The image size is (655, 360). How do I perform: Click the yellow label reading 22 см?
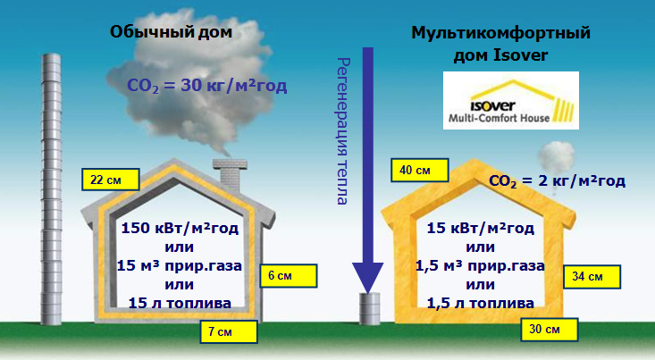pos(111,180)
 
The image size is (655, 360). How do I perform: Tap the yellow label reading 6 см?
pos(289,276)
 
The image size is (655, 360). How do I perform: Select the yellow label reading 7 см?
pos(229,331)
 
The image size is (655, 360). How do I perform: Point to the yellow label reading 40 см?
pos(420,170)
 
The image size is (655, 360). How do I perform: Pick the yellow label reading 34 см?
pos(592,276)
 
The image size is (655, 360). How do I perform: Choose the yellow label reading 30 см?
pos(550,330)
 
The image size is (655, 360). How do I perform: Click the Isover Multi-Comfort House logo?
pos(511,100)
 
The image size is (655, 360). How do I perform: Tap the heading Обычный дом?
pos(171,32)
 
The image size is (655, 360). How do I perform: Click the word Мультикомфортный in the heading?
pos(501,32)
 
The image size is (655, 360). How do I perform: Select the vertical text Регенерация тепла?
pos(343,131)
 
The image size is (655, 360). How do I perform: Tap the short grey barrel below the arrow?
pos(370,308)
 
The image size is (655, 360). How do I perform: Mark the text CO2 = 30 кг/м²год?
pos(207,86)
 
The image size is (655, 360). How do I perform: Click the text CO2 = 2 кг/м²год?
pos(558,181)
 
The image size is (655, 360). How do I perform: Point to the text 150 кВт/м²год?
pos(180,229)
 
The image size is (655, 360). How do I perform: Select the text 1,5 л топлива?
pos(481,303)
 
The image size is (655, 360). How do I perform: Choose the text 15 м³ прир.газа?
pos(180,266)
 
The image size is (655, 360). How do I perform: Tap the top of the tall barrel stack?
pos(51,55)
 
